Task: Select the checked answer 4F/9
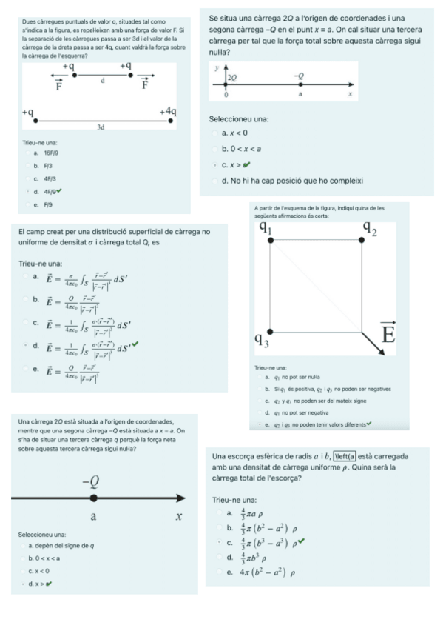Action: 50,190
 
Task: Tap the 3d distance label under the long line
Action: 101,127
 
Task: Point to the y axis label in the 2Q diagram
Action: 216,67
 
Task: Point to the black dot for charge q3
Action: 271,330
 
